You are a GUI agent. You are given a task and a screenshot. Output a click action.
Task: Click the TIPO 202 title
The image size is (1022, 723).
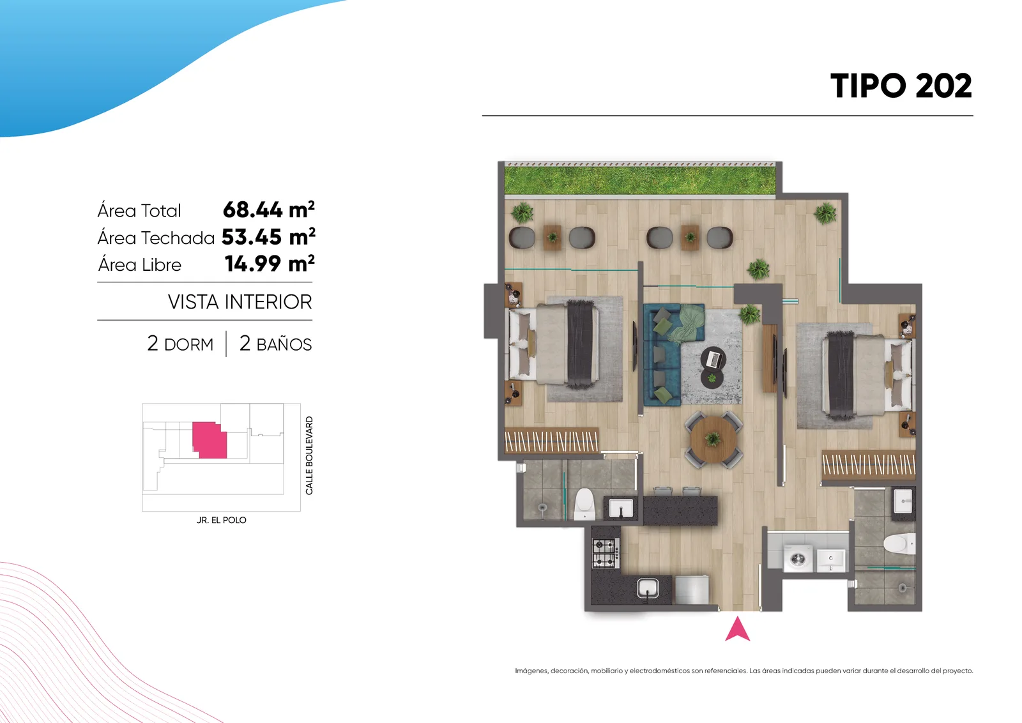coord(901,86)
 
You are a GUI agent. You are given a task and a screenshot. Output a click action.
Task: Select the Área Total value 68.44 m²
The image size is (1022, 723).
coord(269,210)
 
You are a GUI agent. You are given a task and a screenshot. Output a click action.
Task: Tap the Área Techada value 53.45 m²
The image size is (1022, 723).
coord(268,237)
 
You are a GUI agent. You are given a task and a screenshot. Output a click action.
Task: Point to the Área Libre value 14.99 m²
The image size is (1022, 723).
coord(270,264)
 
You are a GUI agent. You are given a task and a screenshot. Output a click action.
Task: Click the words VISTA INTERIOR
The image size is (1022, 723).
coord(240,302)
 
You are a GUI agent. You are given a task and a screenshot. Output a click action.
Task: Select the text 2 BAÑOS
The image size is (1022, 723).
coord(275,344)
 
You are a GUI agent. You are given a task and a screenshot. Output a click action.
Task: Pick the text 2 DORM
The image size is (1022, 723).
coord(180,344)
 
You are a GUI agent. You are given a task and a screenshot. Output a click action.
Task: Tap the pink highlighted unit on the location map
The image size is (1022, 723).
coord(210,439)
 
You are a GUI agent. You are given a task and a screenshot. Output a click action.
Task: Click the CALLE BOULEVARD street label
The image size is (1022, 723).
coord(309,455)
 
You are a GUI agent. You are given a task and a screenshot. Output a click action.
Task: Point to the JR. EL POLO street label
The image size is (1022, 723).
coord(221,520)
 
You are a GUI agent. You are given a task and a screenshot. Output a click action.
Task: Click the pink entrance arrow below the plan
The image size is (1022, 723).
coord(737,629)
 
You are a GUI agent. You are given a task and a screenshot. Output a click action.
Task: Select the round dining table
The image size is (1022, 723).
coord(713,439)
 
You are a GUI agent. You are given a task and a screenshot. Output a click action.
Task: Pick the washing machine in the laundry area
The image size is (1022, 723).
coord(798,558)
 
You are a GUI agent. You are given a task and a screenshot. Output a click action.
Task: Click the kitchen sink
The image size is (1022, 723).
coord(648,588)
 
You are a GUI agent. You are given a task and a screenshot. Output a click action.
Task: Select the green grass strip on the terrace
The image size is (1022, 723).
coord(639,180)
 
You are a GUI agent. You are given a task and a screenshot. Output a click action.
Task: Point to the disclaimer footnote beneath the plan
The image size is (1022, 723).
coord(744,671)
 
